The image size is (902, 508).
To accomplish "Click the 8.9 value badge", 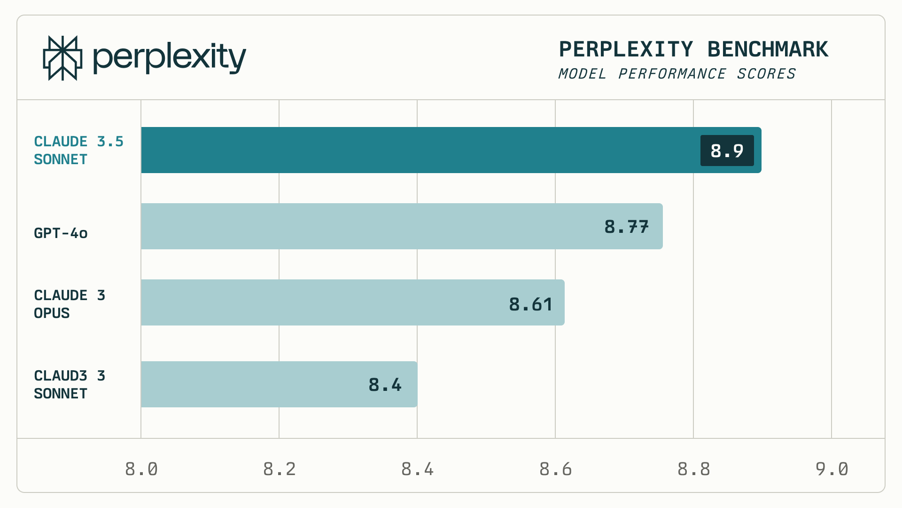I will point(727,151).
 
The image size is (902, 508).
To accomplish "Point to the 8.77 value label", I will point(626,227).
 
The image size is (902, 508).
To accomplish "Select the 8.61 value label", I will point(530,304).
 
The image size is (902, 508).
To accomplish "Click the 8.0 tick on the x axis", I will point(141,469).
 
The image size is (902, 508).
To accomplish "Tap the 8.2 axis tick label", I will point(280,469).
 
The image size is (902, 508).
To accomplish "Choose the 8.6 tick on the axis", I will point(555,469).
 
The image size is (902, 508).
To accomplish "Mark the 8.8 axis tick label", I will point(693,469).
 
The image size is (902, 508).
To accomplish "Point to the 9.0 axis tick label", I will point(832,469).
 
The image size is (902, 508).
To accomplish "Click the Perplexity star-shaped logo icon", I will point(62,58).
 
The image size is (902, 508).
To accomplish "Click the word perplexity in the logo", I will point(169,58).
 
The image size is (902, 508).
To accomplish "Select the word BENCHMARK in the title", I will point(768,49).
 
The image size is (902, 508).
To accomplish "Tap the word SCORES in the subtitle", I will point(766,74).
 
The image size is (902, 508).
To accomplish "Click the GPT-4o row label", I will point(61,233).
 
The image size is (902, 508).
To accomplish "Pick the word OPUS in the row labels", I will point(52,313).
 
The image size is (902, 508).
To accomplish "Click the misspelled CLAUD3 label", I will point(61,376).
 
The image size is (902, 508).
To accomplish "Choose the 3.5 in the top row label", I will point(110,142).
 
